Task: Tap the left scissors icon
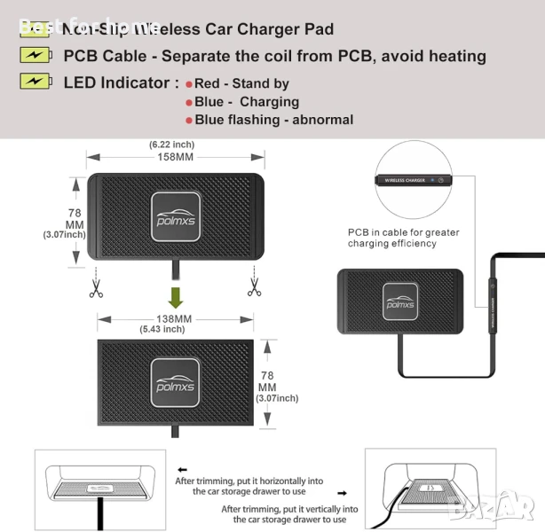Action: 95,287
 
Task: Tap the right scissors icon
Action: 254,287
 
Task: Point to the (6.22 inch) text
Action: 171,144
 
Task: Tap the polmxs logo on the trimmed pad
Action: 173,380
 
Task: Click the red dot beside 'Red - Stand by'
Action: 188,84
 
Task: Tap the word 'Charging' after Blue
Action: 269,102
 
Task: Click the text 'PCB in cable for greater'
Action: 404,232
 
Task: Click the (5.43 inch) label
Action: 162,329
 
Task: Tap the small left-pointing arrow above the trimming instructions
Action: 182,469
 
